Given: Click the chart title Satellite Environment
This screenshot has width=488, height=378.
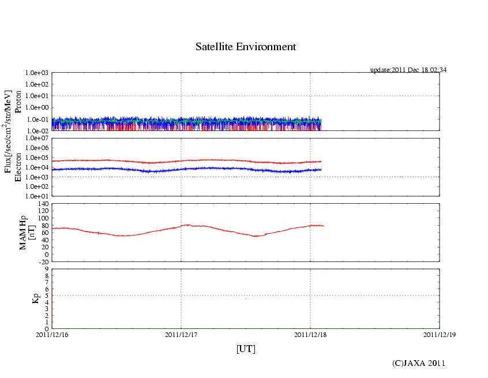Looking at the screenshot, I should point(246,47).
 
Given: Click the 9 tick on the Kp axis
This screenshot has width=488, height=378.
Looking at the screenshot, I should point(47,268).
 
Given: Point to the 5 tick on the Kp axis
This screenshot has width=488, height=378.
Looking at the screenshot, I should point(47,295).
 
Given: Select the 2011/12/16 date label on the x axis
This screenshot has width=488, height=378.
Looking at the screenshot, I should point(52,334).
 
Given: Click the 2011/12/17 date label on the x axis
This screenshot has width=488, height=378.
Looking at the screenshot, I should point(181,334).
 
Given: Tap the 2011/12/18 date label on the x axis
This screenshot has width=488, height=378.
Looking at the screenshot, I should point(310,334).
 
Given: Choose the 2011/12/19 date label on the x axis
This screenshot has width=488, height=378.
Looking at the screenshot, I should point(440,334).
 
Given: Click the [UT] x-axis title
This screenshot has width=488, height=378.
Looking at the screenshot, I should point(246,349).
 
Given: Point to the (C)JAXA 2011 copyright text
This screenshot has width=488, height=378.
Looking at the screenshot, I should point(419,363).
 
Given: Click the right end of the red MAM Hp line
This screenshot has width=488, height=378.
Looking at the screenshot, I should point(323,226).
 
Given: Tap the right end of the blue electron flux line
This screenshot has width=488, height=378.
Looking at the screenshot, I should point(321,169).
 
